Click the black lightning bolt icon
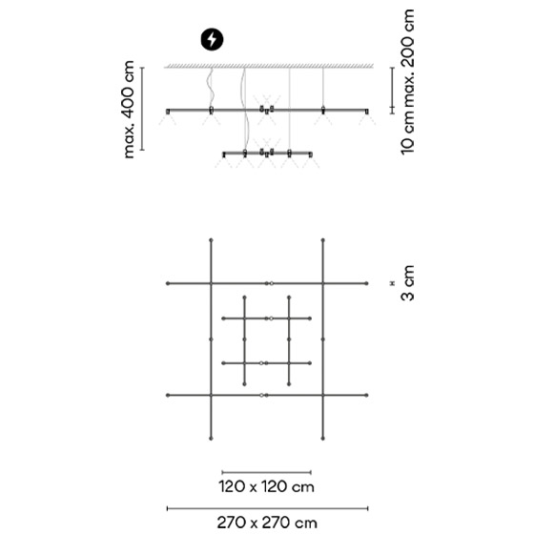[x=212, y=39]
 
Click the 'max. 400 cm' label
[x=130, y=110]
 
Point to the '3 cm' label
[x=408, y=282]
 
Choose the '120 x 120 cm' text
[x=266, y=486]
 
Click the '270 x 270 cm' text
[x=267, y=523]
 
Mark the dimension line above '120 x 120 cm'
[x=266, y=472]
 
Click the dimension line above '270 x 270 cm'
[x=267, y=508]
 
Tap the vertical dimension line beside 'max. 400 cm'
[x=142, y=109]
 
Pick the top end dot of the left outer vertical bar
[x=211, y=240]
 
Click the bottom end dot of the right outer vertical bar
[x=323, y=439]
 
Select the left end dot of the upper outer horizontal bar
[x=168, y=283]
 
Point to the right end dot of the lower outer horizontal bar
[x=366, y=396]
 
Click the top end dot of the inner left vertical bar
[x=244, y=298]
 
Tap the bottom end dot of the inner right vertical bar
[x=289, y=384]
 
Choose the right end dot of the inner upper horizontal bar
[x=310, y=318]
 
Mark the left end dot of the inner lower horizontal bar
[x=223, y=363]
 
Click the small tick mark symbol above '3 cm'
[x=392, y=283]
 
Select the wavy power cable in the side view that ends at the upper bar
[x=211, y=88]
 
